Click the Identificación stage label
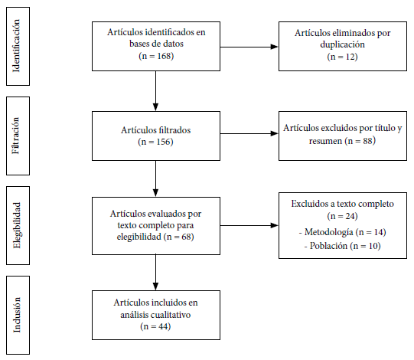(16, 46)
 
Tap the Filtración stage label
(16, 136)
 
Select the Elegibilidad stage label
(16, 225)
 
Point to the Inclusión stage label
(16, 315)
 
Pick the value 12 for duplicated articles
(350, 57)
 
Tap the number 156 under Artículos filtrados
(164, 142)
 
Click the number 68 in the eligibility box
(187, 237)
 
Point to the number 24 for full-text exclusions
(350, 216)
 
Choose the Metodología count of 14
(379, 232)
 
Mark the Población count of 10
(373, 246)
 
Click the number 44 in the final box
(164, 326)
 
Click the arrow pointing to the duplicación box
(249, 47)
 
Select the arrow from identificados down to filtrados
(156, 90)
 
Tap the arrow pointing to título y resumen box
(249, 133)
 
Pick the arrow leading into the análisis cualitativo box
(156, 272)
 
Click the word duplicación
(342, 44)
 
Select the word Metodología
(329, 232)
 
